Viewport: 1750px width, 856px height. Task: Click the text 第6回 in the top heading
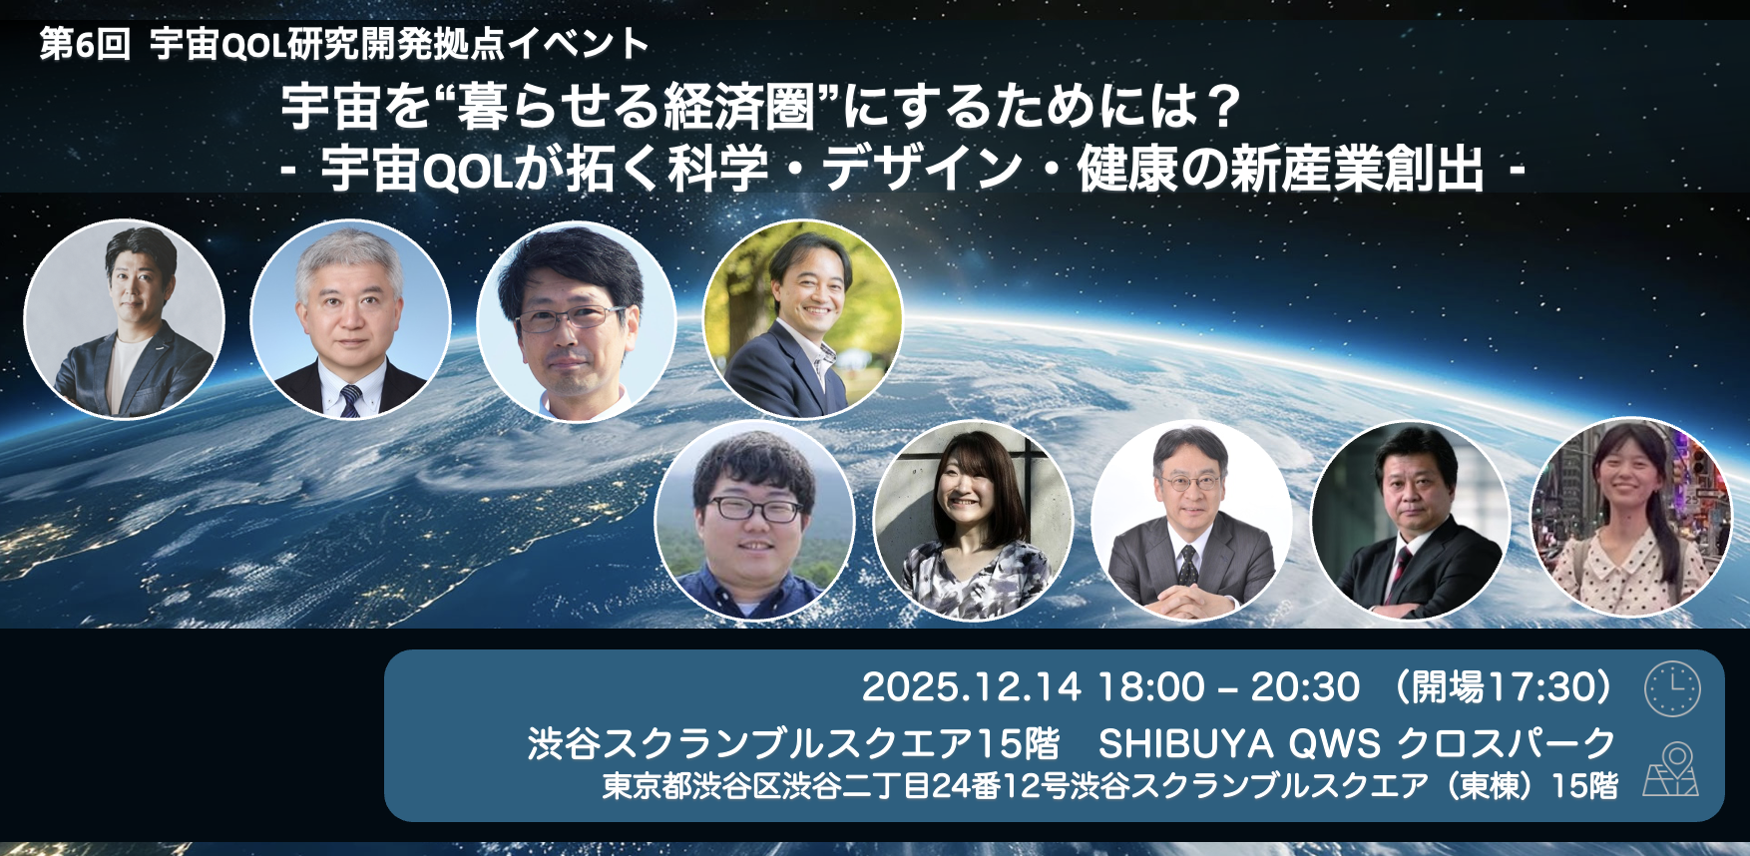86,45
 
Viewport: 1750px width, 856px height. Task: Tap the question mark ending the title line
1222,107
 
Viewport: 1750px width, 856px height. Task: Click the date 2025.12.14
971,687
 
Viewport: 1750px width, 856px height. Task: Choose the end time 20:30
1306,687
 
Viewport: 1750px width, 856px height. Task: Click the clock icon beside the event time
1672,688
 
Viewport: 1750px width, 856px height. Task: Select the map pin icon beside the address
1671,769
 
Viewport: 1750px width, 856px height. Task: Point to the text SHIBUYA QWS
1239,744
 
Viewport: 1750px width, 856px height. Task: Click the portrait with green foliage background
803,319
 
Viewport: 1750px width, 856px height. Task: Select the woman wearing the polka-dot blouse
1631,519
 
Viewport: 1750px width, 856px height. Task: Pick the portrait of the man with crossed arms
1410,521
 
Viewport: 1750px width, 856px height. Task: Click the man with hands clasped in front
1191,521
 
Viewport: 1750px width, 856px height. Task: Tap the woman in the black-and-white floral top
973,521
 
